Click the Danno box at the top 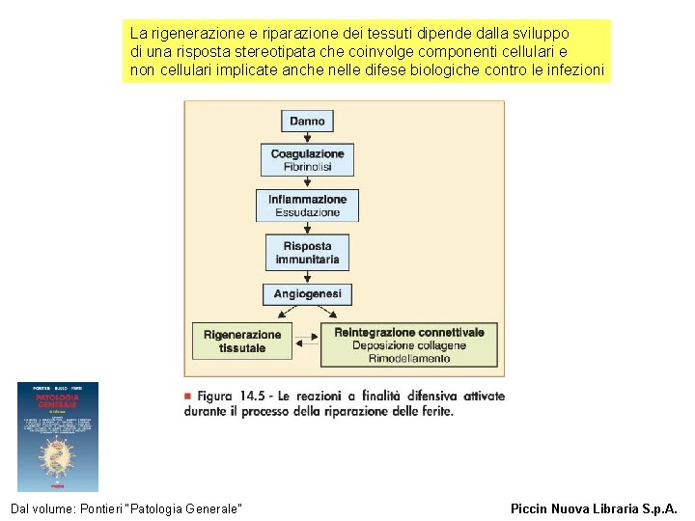[307, 121]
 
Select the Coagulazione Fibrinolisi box [307, 160]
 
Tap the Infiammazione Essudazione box [307, 206]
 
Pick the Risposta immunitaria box [307, 253]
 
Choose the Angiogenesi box [307, 294]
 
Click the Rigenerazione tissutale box [242, 342]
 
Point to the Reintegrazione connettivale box [409, 344]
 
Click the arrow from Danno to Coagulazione [307, 138]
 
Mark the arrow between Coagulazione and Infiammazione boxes [307, 182]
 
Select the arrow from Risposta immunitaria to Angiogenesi [307, 277]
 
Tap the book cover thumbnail [58, 436]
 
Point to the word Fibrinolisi [307, 167]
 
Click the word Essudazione [307, 212]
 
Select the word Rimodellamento [409, 359]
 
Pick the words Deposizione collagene [409, 345]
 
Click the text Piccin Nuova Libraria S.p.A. [594, 507]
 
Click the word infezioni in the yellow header [576, 70]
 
